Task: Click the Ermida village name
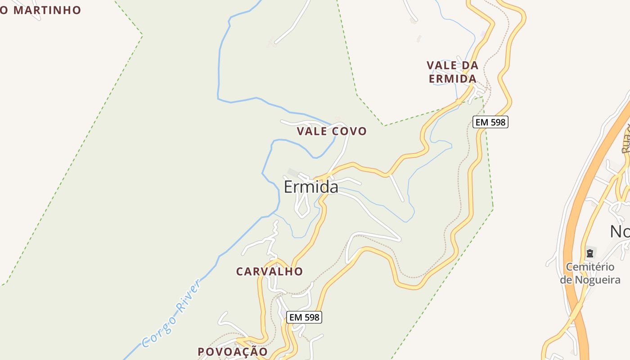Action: coord(311,187)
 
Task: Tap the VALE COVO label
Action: coord(332,131)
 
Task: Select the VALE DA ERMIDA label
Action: coord(452,72)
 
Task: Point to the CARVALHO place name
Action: coord(270,271)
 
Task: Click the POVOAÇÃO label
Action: coord(233,351)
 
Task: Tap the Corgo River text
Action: coord(171,314)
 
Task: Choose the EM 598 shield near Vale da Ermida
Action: coord(490,121)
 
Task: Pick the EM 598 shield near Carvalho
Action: coord(304,317)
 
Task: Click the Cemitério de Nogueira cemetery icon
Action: coord(590,253)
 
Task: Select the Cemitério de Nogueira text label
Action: coord(590,273)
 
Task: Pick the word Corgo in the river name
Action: coord(157,331)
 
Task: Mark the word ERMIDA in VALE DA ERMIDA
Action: coord(452,79)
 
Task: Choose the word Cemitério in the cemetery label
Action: coord(590,267)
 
